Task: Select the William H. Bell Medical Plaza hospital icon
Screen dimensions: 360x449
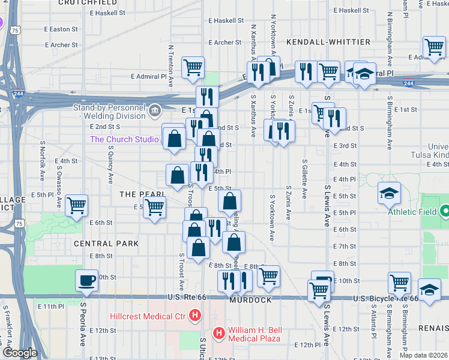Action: pos(219,332)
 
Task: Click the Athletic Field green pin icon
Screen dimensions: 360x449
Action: pos(444,211)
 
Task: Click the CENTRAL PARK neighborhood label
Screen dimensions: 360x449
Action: pos(106,244)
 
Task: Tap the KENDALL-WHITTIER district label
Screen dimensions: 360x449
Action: pos(320,42)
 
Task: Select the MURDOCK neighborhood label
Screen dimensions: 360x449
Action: pos(250,300)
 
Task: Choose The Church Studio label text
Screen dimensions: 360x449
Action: pos(124,139)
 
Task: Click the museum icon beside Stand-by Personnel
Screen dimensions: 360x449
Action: pos(155,110)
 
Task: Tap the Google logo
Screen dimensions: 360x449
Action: pos(19,353)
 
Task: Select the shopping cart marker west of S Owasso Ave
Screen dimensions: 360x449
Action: pos(77,205)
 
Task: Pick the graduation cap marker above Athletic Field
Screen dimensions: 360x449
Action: pos(389,193)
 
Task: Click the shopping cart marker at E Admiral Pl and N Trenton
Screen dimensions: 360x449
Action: pos(193,67)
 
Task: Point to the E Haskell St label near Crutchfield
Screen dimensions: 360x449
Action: pos(109,12)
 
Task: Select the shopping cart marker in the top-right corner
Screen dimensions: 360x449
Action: pos(433,46)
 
